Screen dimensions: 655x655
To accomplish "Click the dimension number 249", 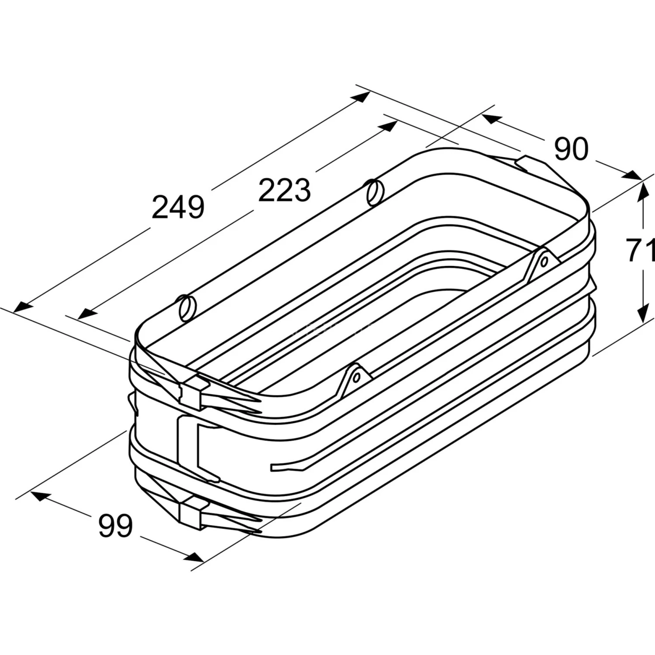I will point(178,207).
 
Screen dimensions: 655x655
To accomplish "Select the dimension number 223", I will point(284,190).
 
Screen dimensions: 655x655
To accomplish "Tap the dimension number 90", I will point(571,149).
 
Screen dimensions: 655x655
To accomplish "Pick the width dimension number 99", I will point(115,526).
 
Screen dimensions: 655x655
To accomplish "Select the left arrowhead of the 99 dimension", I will point(38,496).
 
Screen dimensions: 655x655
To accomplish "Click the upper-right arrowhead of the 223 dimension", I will point(388,126).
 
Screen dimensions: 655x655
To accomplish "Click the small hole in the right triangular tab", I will point(544,262).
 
